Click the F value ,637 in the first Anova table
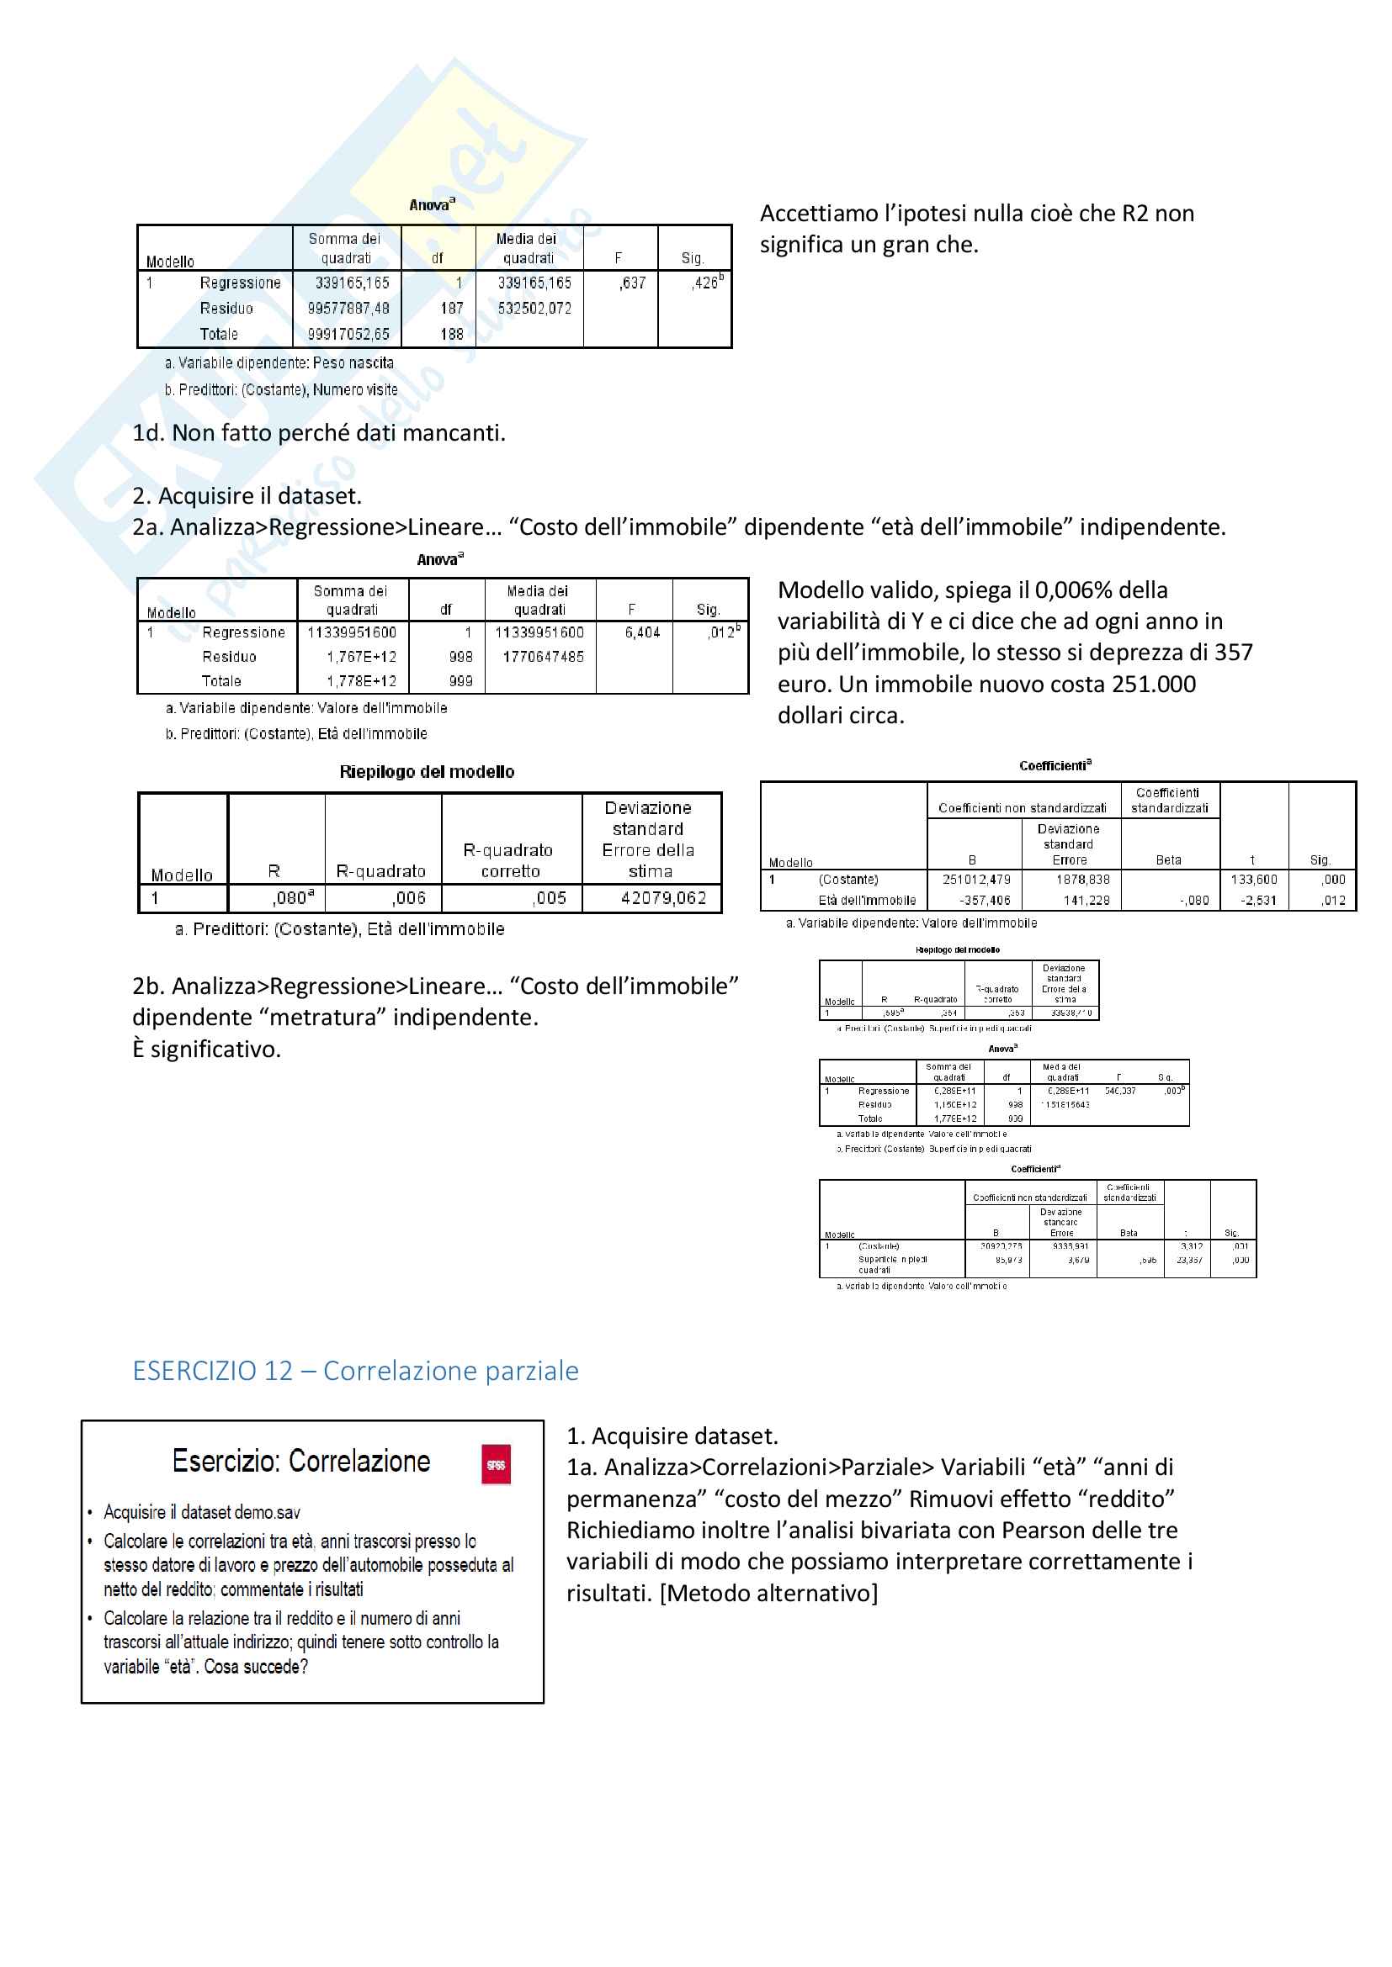633,283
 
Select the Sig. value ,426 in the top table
706,283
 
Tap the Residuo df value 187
452,309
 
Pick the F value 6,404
642,632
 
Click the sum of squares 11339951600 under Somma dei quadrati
353,632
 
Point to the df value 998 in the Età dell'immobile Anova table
460,657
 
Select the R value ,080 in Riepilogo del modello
290,898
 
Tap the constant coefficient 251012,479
976,879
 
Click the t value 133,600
1254,879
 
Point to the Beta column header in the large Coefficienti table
1168,860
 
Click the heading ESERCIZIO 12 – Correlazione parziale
356,1371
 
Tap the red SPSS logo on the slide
496,1464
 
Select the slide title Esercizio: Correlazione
300,1461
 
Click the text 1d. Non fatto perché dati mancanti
319,432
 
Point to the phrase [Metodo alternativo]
769,1593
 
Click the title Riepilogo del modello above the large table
427,772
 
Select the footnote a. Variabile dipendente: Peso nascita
279,363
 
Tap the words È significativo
206,1049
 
